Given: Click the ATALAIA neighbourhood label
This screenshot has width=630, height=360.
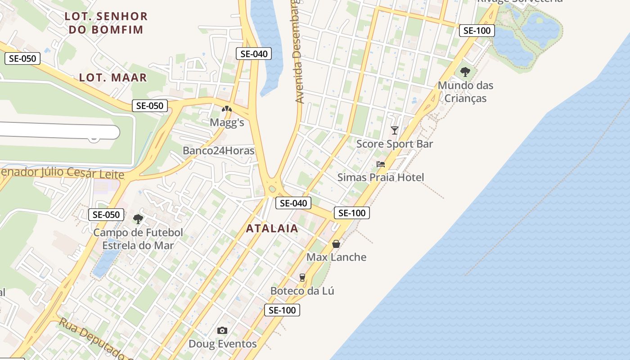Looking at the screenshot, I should (272, 228).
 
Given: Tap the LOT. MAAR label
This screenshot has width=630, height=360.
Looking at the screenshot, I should (113, 77).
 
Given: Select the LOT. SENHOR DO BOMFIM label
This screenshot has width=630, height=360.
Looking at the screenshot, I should (106, 23).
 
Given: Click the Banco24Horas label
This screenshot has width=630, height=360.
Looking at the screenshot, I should (218, 151).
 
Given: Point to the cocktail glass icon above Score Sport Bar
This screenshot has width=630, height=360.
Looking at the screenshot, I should (395, 130).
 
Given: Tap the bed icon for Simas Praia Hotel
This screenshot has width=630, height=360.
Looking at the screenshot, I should (381, 164).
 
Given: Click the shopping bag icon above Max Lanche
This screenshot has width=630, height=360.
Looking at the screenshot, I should (336, 244).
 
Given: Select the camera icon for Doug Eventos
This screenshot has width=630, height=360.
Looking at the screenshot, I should (222, 331).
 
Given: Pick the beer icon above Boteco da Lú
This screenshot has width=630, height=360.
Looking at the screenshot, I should (302, 278).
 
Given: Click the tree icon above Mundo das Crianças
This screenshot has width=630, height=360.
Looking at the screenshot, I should (465, 72).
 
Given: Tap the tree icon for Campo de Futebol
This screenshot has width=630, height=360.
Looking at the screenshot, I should (138, 219).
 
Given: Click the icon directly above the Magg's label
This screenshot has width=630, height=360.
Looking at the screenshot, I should (227, 108).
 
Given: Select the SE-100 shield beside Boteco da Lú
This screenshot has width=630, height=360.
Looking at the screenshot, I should (282, 310).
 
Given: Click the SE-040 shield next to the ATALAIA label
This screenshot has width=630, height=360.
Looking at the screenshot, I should (293, 203).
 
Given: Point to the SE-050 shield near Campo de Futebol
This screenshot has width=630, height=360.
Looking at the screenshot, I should (106, 215).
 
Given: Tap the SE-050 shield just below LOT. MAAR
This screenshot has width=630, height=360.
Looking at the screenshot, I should (150, 106).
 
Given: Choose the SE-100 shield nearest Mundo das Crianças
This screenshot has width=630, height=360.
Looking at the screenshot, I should (477, 31).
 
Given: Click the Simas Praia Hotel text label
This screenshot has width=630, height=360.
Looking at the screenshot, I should (381, 177).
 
